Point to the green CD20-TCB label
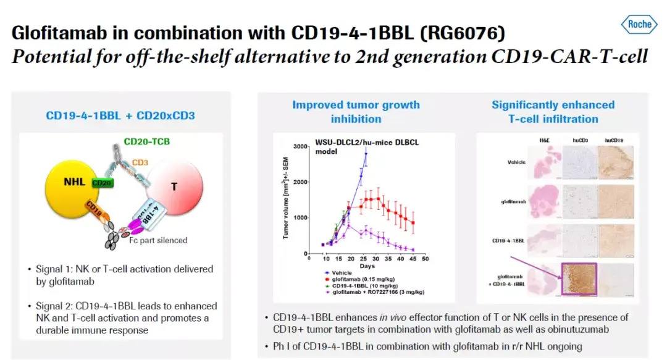146,141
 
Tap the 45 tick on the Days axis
413,259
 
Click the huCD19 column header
615,140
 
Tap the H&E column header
543,140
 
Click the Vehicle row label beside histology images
511,162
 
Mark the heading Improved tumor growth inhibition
356,111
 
